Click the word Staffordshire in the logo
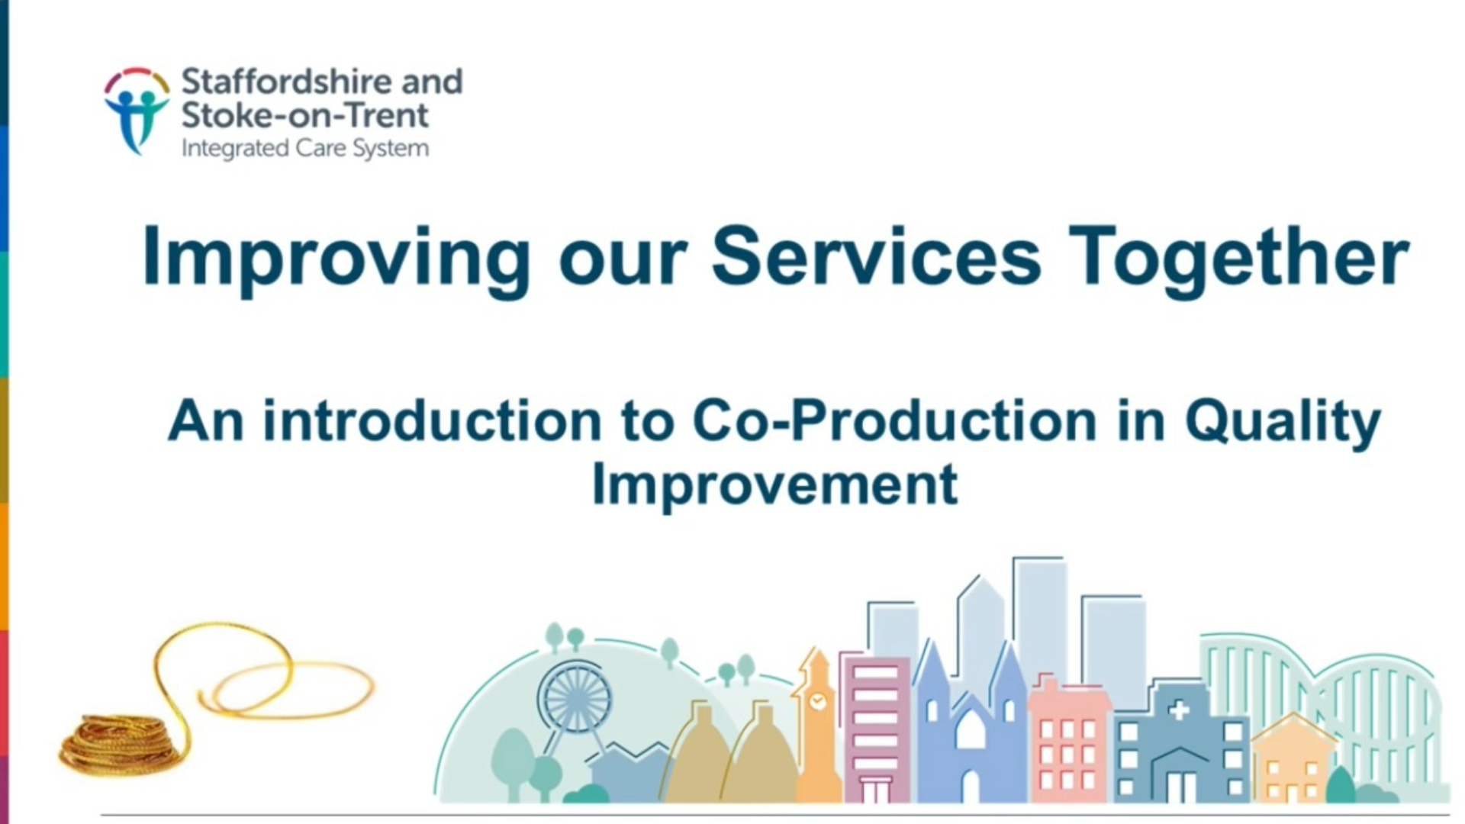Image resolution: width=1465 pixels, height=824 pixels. pyautogui.click(x=289, y=81)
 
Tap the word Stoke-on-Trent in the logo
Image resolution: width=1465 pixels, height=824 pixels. pyautogui.click(x=304, y=115)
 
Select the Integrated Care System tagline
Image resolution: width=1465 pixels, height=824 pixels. pyautogui.click(x=304, y=148)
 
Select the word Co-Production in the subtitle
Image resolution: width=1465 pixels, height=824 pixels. pyautogui.click(x=894, y=420)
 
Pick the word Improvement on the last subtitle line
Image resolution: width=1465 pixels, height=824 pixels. pyautogui.click(x=774, y=485)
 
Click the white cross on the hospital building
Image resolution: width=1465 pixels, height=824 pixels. pyautogui.click(x=1179, y=711)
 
